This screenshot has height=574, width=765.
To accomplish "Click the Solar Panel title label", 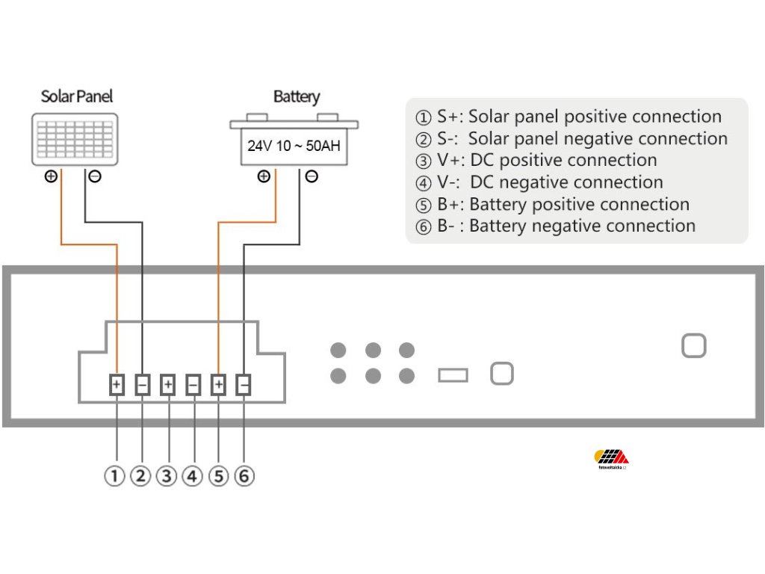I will point(77,96).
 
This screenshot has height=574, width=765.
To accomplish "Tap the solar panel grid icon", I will point(75,138).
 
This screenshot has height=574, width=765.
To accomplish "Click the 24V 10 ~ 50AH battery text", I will point(294,146).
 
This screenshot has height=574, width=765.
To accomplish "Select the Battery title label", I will point(296,96).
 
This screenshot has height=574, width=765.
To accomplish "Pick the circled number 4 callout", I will point(192,476).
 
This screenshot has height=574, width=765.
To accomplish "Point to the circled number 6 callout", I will point(244,476).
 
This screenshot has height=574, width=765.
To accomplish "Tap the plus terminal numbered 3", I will point(168,385).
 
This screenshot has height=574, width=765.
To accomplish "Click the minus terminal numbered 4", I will point(193,385).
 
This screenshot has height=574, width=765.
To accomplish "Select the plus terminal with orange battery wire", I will point(218,385).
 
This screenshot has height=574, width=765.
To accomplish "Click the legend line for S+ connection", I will point(569,117).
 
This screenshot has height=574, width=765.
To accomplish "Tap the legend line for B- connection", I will point(556,226).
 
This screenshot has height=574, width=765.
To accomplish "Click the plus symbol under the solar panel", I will point(51,177).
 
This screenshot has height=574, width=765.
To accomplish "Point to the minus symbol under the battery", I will point(312,177).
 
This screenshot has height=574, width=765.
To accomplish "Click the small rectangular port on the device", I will point(453,374).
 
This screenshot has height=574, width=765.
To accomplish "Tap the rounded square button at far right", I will point(694,346).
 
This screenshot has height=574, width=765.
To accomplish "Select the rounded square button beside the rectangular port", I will point(501,374).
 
